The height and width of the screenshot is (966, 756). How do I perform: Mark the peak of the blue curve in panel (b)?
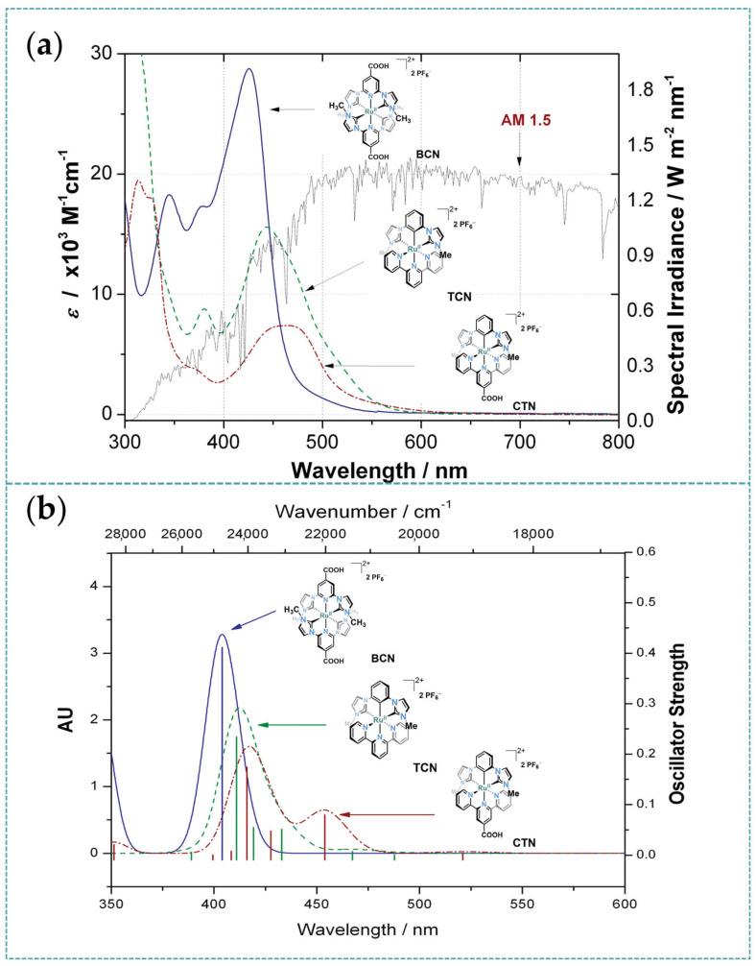pos(222,635)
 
